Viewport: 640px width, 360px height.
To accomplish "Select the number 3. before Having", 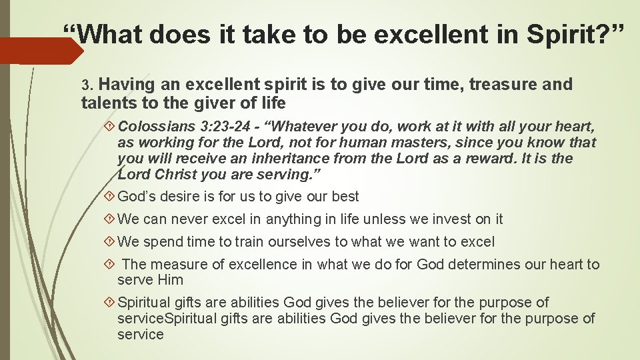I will click(x=89, y=85).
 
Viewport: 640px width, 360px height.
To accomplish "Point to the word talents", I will click(x=106, y=103).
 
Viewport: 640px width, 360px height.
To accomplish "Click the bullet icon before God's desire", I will click(x=110, y=197).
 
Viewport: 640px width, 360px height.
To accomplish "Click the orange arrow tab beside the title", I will click(x=40, y=51).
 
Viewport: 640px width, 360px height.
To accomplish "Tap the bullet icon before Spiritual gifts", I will click(x=110, y=303).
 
